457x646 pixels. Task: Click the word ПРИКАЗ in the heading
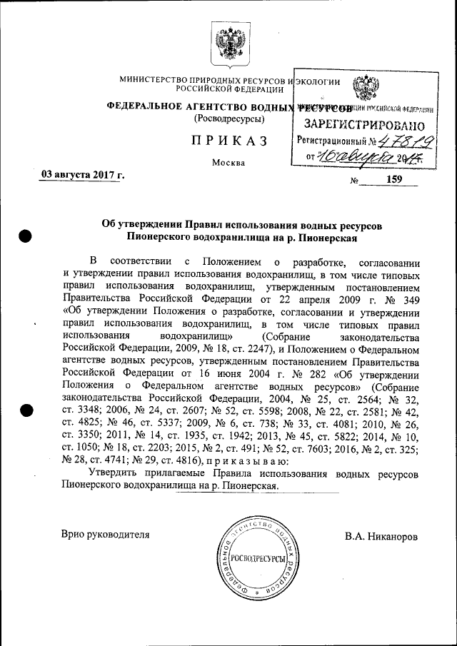click(x=228, y=141)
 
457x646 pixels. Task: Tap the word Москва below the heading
click(x=228, y=163)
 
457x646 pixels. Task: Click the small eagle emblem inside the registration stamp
click(x=366, y=89)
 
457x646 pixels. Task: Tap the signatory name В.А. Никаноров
click(x=381, y=535)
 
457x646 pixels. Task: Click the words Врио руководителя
click(x=106, y=535)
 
